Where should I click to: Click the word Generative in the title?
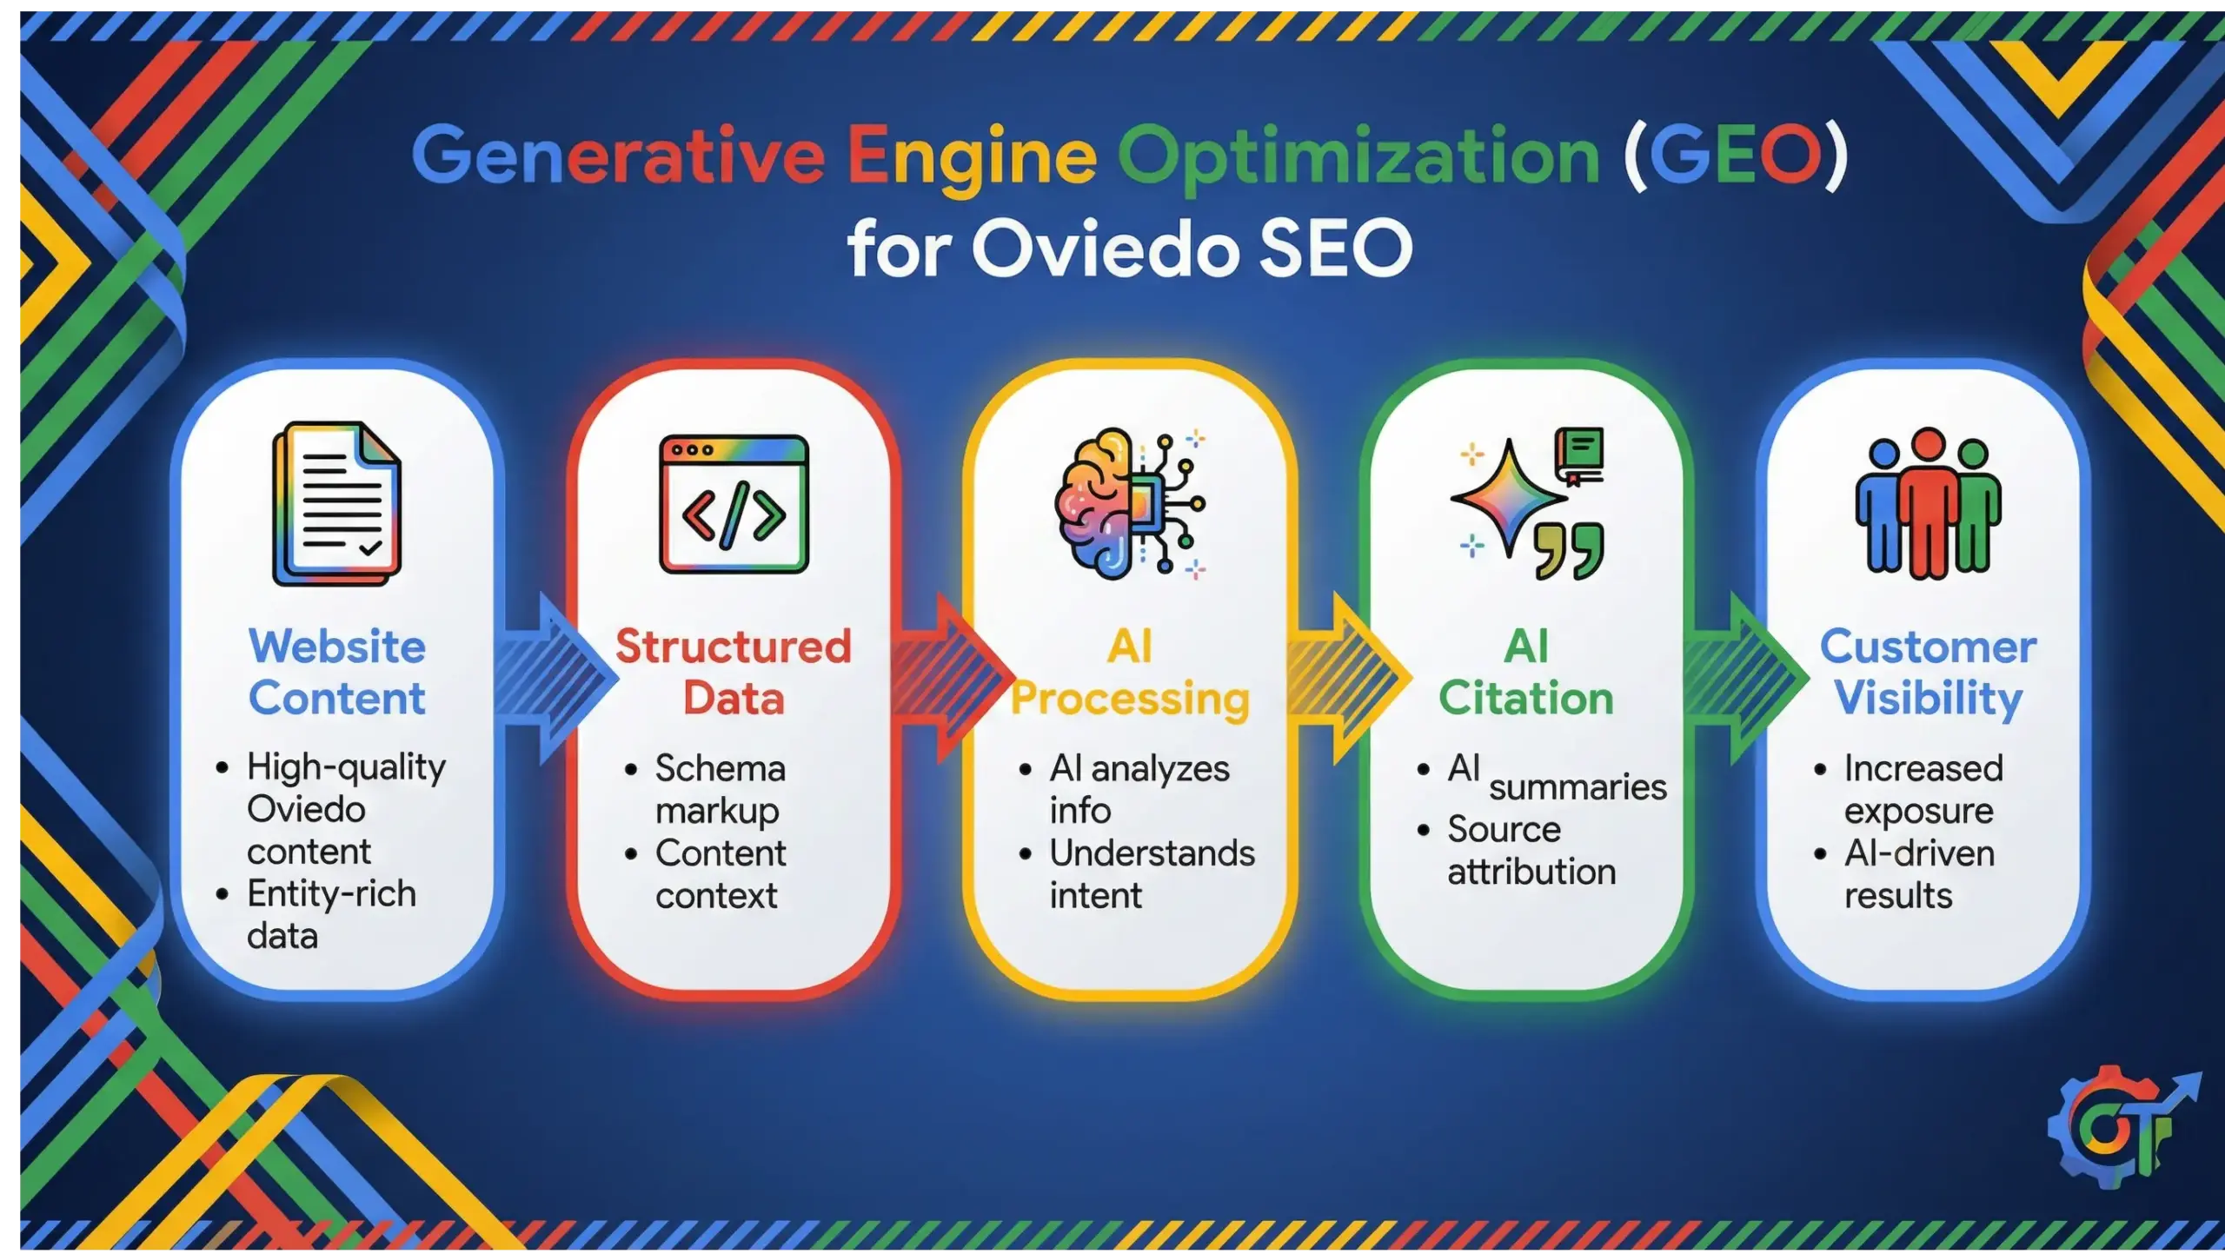pyautogui.click(x=617, y=156)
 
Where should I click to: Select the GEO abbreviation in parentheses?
pyautogui.click(x=1734, y=156)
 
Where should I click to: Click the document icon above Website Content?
pyautogui.click(x=337, y=504)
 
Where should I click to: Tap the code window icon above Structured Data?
pyautogui.click(x=734, y=504)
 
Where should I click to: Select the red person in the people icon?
pyautogui.click(x=1928, y=504)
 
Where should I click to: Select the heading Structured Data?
pyautogui.click(x=734, y=673)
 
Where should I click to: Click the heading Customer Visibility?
pyautogui.click(x=1928, y=673)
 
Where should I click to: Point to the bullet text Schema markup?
pyautogui.click(x=720, y=789)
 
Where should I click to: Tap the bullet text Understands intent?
pyautogui.click(x=1151, y=874)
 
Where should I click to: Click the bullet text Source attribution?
pyautogui.click(x=1530, y=851)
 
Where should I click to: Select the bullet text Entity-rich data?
pyautogui.click(x=330, y=914)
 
